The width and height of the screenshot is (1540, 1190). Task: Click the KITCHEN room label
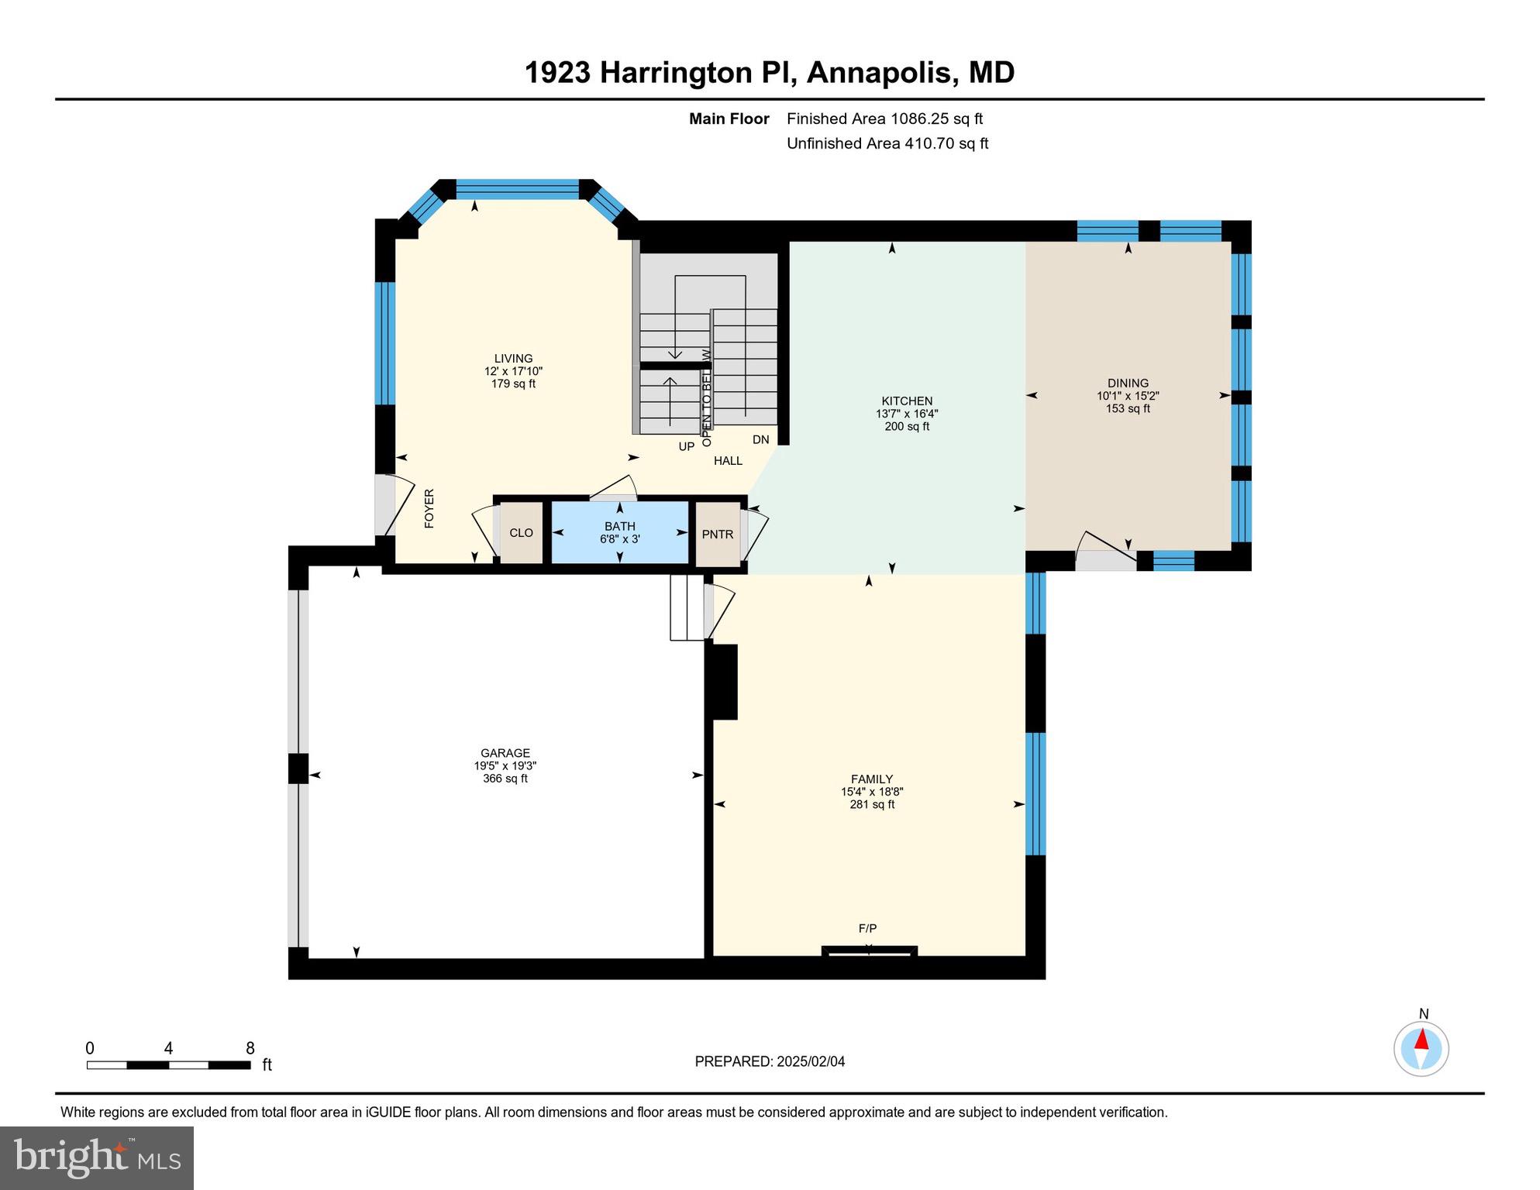[x=907, y=401]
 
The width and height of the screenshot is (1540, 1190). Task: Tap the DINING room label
[x=1128, y=383]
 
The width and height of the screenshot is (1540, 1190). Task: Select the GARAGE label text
[x=505, y=753]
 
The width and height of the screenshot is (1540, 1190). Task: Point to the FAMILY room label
[x=872, y=779]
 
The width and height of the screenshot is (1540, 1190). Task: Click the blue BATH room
[x=620, y=533]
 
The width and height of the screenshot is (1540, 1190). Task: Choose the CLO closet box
[x=521, y=533]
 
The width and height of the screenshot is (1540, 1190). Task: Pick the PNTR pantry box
[x=718, y=535]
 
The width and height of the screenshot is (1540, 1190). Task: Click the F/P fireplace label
[x=867, y=928]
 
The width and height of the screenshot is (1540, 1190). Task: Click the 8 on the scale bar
[x=250, y=1048]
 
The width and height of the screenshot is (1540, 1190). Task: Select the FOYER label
[x=429, y=509]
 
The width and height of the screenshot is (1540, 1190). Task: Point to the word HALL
[x=728, y=461]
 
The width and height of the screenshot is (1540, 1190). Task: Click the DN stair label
[x=760, y=440]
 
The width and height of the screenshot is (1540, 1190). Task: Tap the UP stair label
[x=687, y=447]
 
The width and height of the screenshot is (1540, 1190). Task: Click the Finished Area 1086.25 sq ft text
[x=884, y=119]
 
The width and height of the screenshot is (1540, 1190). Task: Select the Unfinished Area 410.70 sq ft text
[x=887, y=143]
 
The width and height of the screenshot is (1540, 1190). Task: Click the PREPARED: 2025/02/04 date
[x=770, y=1061]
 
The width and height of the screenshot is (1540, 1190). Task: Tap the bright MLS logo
[x=97, y=1157]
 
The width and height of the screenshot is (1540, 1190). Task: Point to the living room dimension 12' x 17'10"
[x=513, y=371]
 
